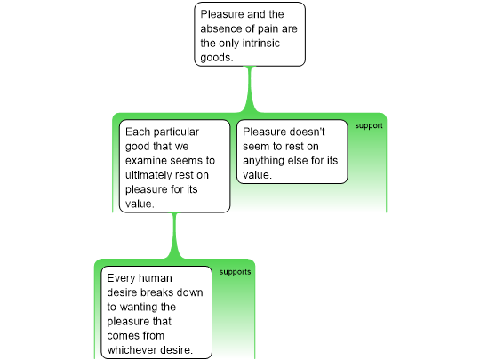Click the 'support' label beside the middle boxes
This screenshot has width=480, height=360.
tap(369, 126)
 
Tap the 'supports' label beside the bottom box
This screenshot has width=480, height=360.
tap(235, 272)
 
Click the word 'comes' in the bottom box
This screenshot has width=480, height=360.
tap(122, 336)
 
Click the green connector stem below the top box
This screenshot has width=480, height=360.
tap(250, 89)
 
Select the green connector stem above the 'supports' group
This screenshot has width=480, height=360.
tap(175, 236)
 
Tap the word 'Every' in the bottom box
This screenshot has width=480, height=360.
tap(121, 278)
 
